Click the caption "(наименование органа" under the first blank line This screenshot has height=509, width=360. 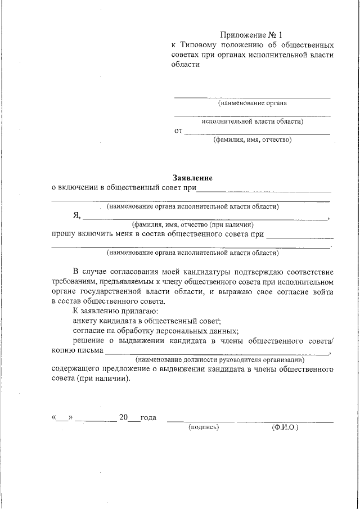(252, 103)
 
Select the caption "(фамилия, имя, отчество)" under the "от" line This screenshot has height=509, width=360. (252, 140)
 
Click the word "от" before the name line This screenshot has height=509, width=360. (179, 131)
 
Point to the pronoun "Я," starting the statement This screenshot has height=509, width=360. (77, 215)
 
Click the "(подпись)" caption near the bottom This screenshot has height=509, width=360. (203, 427)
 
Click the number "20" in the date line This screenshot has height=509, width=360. (124, 418)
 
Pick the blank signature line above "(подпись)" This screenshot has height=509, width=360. (201, 421)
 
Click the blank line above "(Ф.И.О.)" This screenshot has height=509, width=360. (285, 421)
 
